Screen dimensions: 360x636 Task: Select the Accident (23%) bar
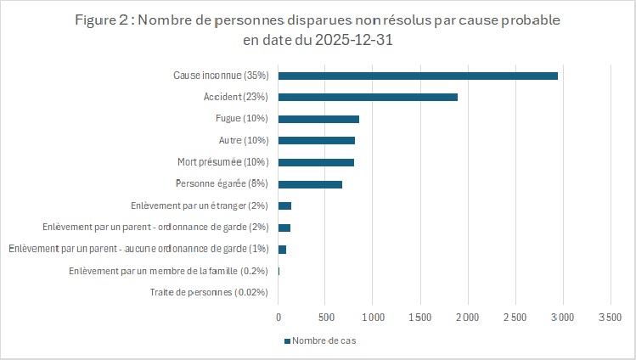368,97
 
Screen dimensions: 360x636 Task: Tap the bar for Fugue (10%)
318,119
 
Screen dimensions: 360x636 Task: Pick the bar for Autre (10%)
316,140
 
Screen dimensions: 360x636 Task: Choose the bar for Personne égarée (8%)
310,184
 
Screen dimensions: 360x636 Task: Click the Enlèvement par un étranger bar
284,205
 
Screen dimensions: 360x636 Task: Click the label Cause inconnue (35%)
221,76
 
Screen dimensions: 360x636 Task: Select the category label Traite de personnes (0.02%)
209,293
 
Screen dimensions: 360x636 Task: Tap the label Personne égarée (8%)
222,184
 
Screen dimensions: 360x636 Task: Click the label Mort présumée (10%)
222,162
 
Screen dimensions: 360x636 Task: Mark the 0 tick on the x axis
279,318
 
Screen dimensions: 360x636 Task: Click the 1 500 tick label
420,318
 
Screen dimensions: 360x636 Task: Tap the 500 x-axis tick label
326,318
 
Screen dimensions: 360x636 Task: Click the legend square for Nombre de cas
286,341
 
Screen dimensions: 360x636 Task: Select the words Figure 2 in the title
104,19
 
